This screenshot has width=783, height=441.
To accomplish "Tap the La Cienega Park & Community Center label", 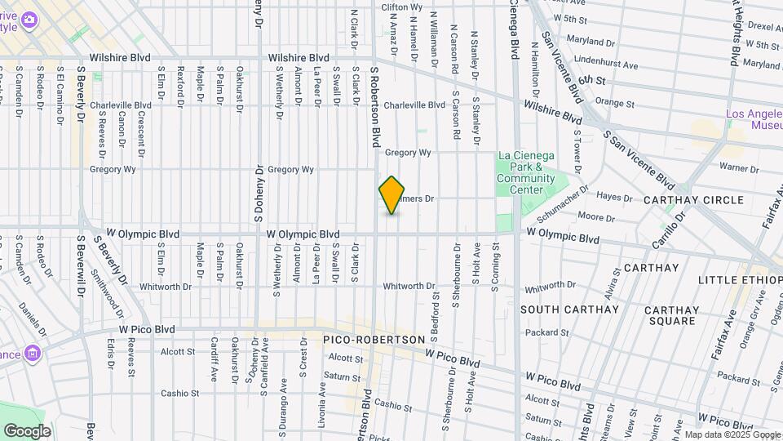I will coord(525,172).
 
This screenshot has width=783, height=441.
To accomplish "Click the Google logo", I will coord(27,430).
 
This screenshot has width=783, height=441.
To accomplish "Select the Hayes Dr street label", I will coord(609,196).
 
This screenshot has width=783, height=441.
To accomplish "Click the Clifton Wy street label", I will coord(402,7).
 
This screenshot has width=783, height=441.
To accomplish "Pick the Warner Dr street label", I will coord(739,167).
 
